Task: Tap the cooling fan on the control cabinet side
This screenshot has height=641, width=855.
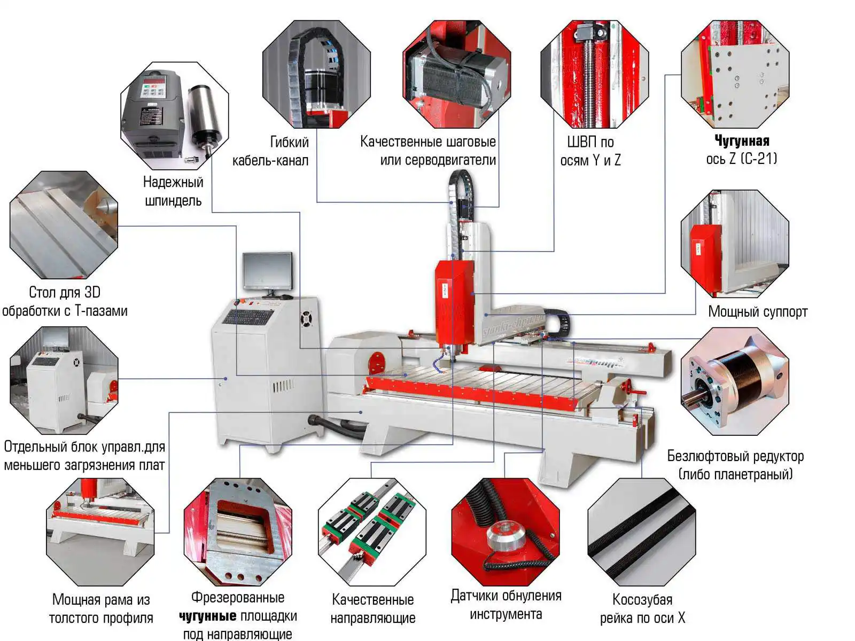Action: (306, 318)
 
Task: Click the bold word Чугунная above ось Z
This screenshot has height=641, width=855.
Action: (742, 140)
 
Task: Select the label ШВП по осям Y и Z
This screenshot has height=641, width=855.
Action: (590, 151)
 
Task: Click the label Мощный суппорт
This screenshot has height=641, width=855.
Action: (758, 311)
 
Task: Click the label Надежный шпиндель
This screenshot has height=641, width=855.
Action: (173, 191)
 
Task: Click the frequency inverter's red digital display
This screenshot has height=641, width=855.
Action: (152, 80)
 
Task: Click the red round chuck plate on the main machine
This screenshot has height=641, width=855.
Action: (376, 363)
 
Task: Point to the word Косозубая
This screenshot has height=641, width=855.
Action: (642, 600)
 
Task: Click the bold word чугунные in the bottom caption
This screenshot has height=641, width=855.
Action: (208, 616)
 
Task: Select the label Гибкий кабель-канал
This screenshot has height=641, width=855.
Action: (271, 151)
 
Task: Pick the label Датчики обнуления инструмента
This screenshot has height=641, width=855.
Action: (506, 605)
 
